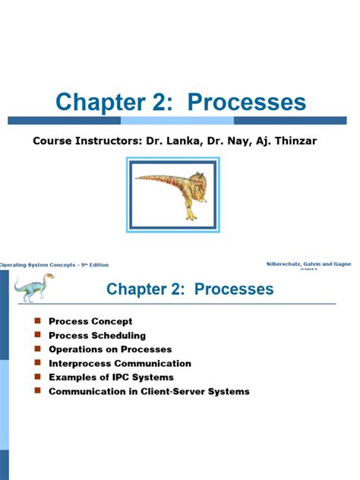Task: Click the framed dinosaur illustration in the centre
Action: pyautogui.click(x=181, y=193)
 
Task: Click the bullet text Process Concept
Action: pyautogui.click(x=90, y=321)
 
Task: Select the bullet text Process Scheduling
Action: pyautogui.click(x=97, y=335)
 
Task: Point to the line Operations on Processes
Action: pyautogui.click(x=110, y=349)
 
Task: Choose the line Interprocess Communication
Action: pyautogui.click(x=120, y=363)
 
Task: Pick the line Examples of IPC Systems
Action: pyautogui.click(x=111, y=377)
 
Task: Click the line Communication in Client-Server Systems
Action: pyautogui.click(x=149, y=392)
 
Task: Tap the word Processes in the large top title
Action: pyautogui.click(x=245, y=103)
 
